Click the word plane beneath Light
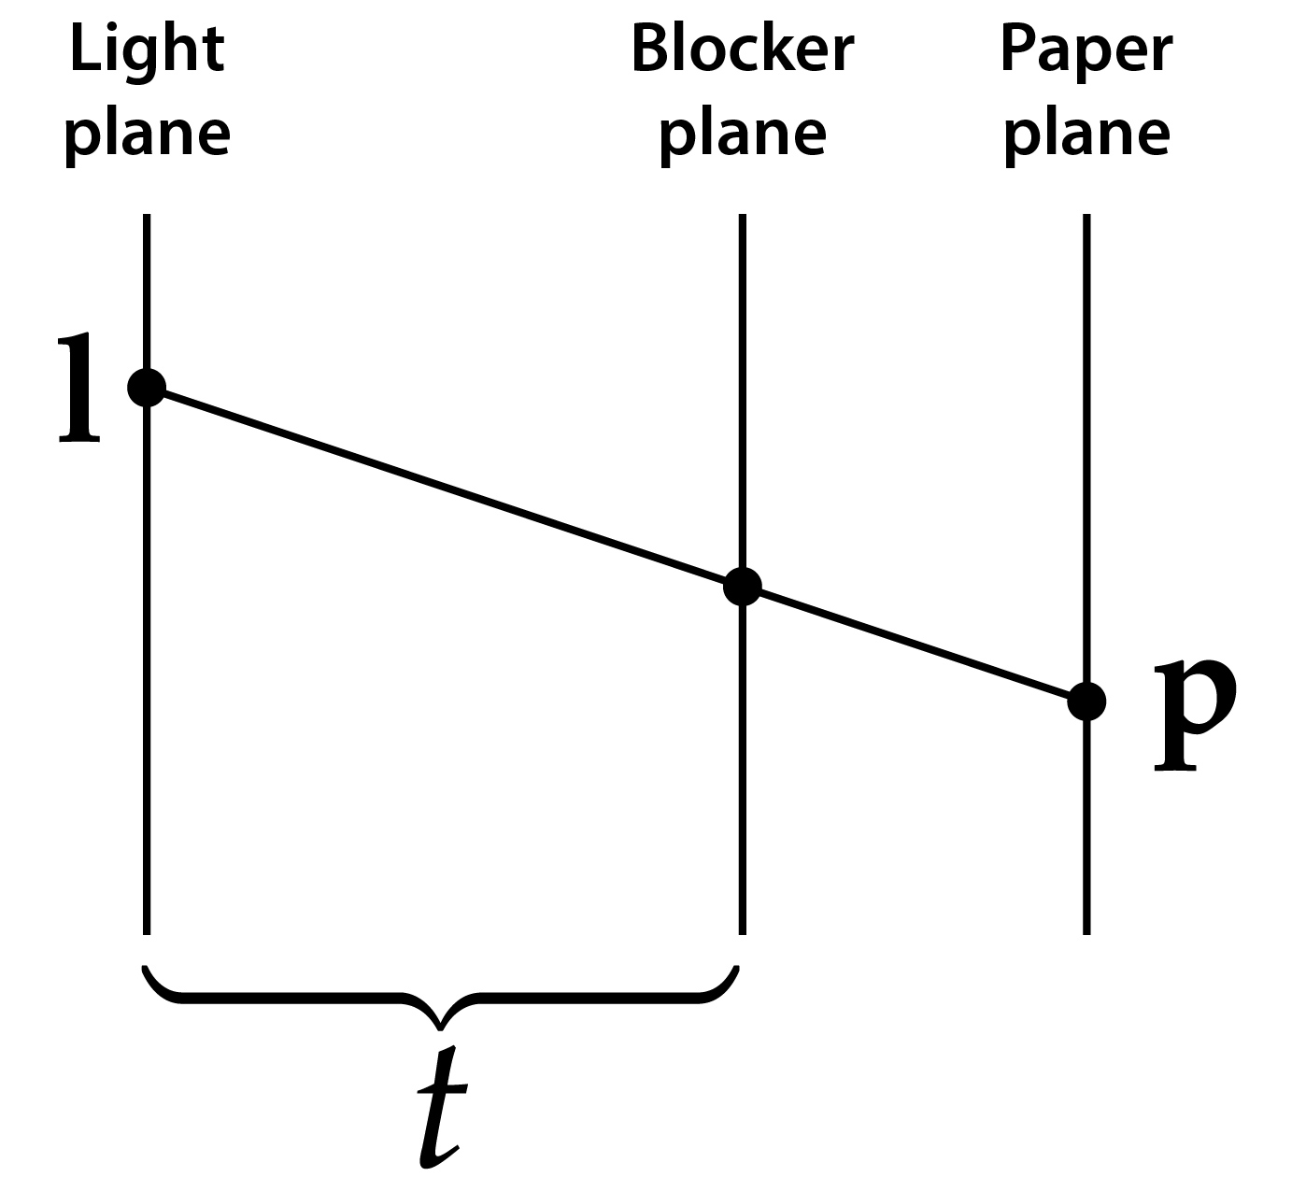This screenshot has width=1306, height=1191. [147, 134]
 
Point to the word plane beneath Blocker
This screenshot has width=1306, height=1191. [743, 134]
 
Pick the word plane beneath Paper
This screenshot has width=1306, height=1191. [1086, 134]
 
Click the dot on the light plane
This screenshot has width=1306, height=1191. [147, 387]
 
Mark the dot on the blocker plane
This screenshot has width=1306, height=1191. [743, 587]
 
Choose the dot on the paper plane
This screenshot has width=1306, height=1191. [1086, 701]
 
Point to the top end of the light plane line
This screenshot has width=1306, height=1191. [147, 217]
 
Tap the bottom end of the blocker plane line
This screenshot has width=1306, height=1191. [743, 931]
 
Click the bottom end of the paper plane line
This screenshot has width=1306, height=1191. [1086, 931]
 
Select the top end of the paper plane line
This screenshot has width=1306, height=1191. [1086, 217]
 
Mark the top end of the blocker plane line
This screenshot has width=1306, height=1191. [743, 217]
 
